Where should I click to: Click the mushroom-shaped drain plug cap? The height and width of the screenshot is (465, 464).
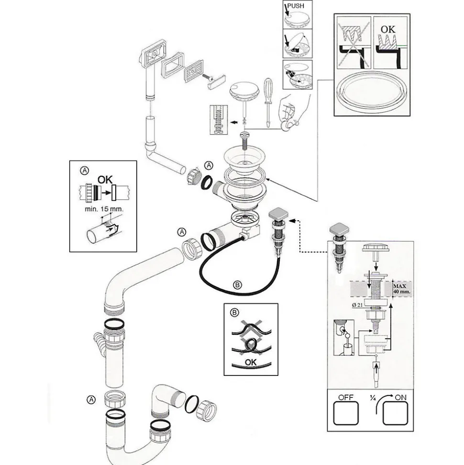(244, 91)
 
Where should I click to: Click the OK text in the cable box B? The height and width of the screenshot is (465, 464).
(251, 362)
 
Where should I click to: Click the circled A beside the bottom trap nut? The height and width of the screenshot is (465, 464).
(91, 398)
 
